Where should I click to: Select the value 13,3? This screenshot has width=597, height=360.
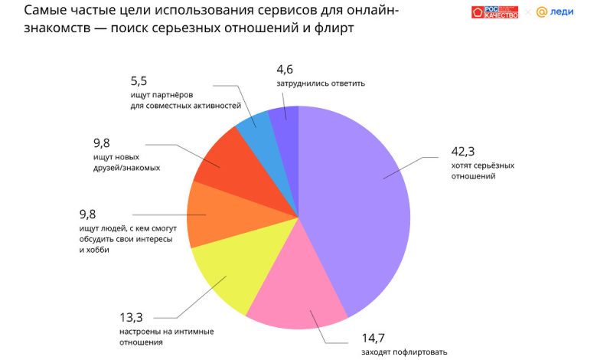[x=134, y=317]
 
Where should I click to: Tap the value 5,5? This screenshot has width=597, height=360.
[x=140, y=80]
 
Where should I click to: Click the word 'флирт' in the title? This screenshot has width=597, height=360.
[x=334, y=29]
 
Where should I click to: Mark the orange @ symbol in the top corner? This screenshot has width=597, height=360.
[x=541, y=12]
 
